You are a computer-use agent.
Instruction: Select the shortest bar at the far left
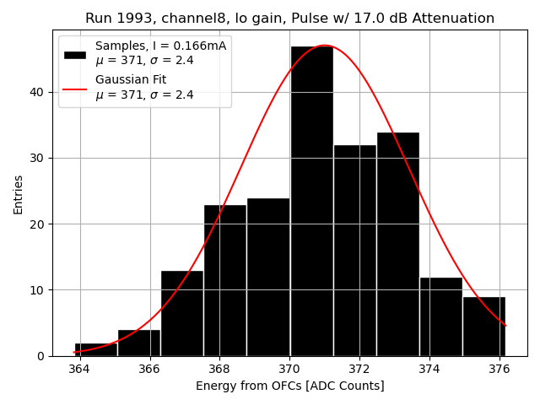click(95, 349)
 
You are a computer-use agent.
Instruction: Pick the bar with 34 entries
click(397, 244)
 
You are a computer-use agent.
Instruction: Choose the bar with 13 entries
click(181, 313)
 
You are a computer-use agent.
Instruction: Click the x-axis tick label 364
click(79, 369)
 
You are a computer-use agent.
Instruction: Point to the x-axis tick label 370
click(289, 369)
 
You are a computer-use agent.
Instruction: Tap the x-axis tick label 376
click(499, 369)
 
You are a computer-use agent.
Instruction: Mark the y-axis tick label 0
click(40, 356)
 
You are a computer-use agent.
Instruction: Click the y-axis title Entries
click(19, 194)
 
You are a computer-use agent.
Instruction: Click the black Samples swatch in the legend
click(75, 54)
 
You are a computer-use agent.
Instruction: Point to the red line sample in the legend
click(75, 88)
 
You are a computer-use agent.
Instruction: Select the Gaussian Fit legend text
click(131, 80)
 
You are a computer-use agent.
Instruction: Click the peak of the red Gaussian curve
click(324, 46)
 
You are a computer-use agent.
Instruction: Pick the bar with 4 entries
click(138, 343)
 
